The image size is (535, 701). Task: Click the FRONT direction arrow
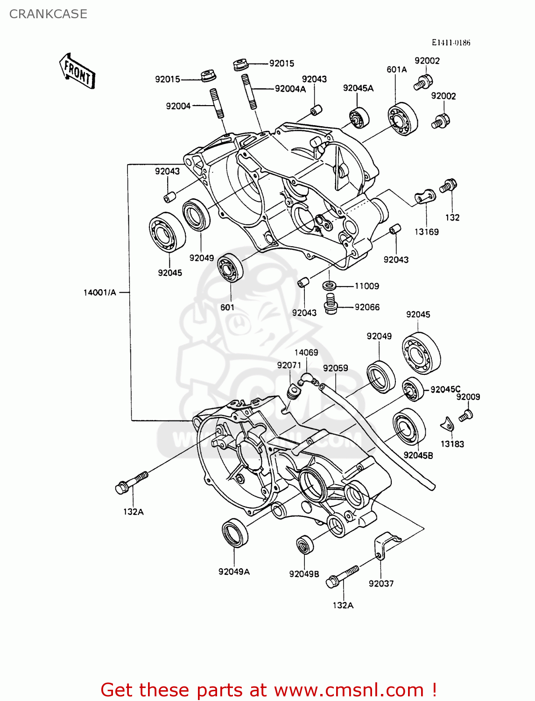pos(77,72)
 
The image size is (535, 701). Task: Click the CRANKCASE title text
pos(48,14)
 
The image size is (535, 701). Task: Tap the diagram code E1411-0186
pos(451,43)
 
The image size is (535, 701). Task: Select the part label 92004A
pos(290,89)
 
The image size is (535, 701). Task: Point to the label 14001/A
pos(99,293)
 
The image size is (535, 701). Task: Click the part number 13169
pos(426,232)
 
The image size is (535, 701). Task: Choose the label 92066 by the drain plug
pos(367,307)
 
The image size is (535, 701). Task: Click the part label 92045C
pos(445,389)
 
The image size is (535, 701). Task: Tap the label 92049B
pos(304,574)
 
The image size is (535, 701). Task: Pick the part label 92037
pos(381,583)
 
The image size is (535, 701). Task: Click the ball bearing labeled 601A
pos(402,119)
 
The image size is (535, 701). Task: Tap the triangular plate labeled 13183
pos(448,425)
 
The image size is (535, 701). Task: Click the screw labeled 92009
pos(466,415)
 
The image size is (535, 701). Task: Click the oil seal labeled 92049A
pos(235,532)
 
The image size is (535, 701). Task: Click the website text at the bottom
pos(268,690)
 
